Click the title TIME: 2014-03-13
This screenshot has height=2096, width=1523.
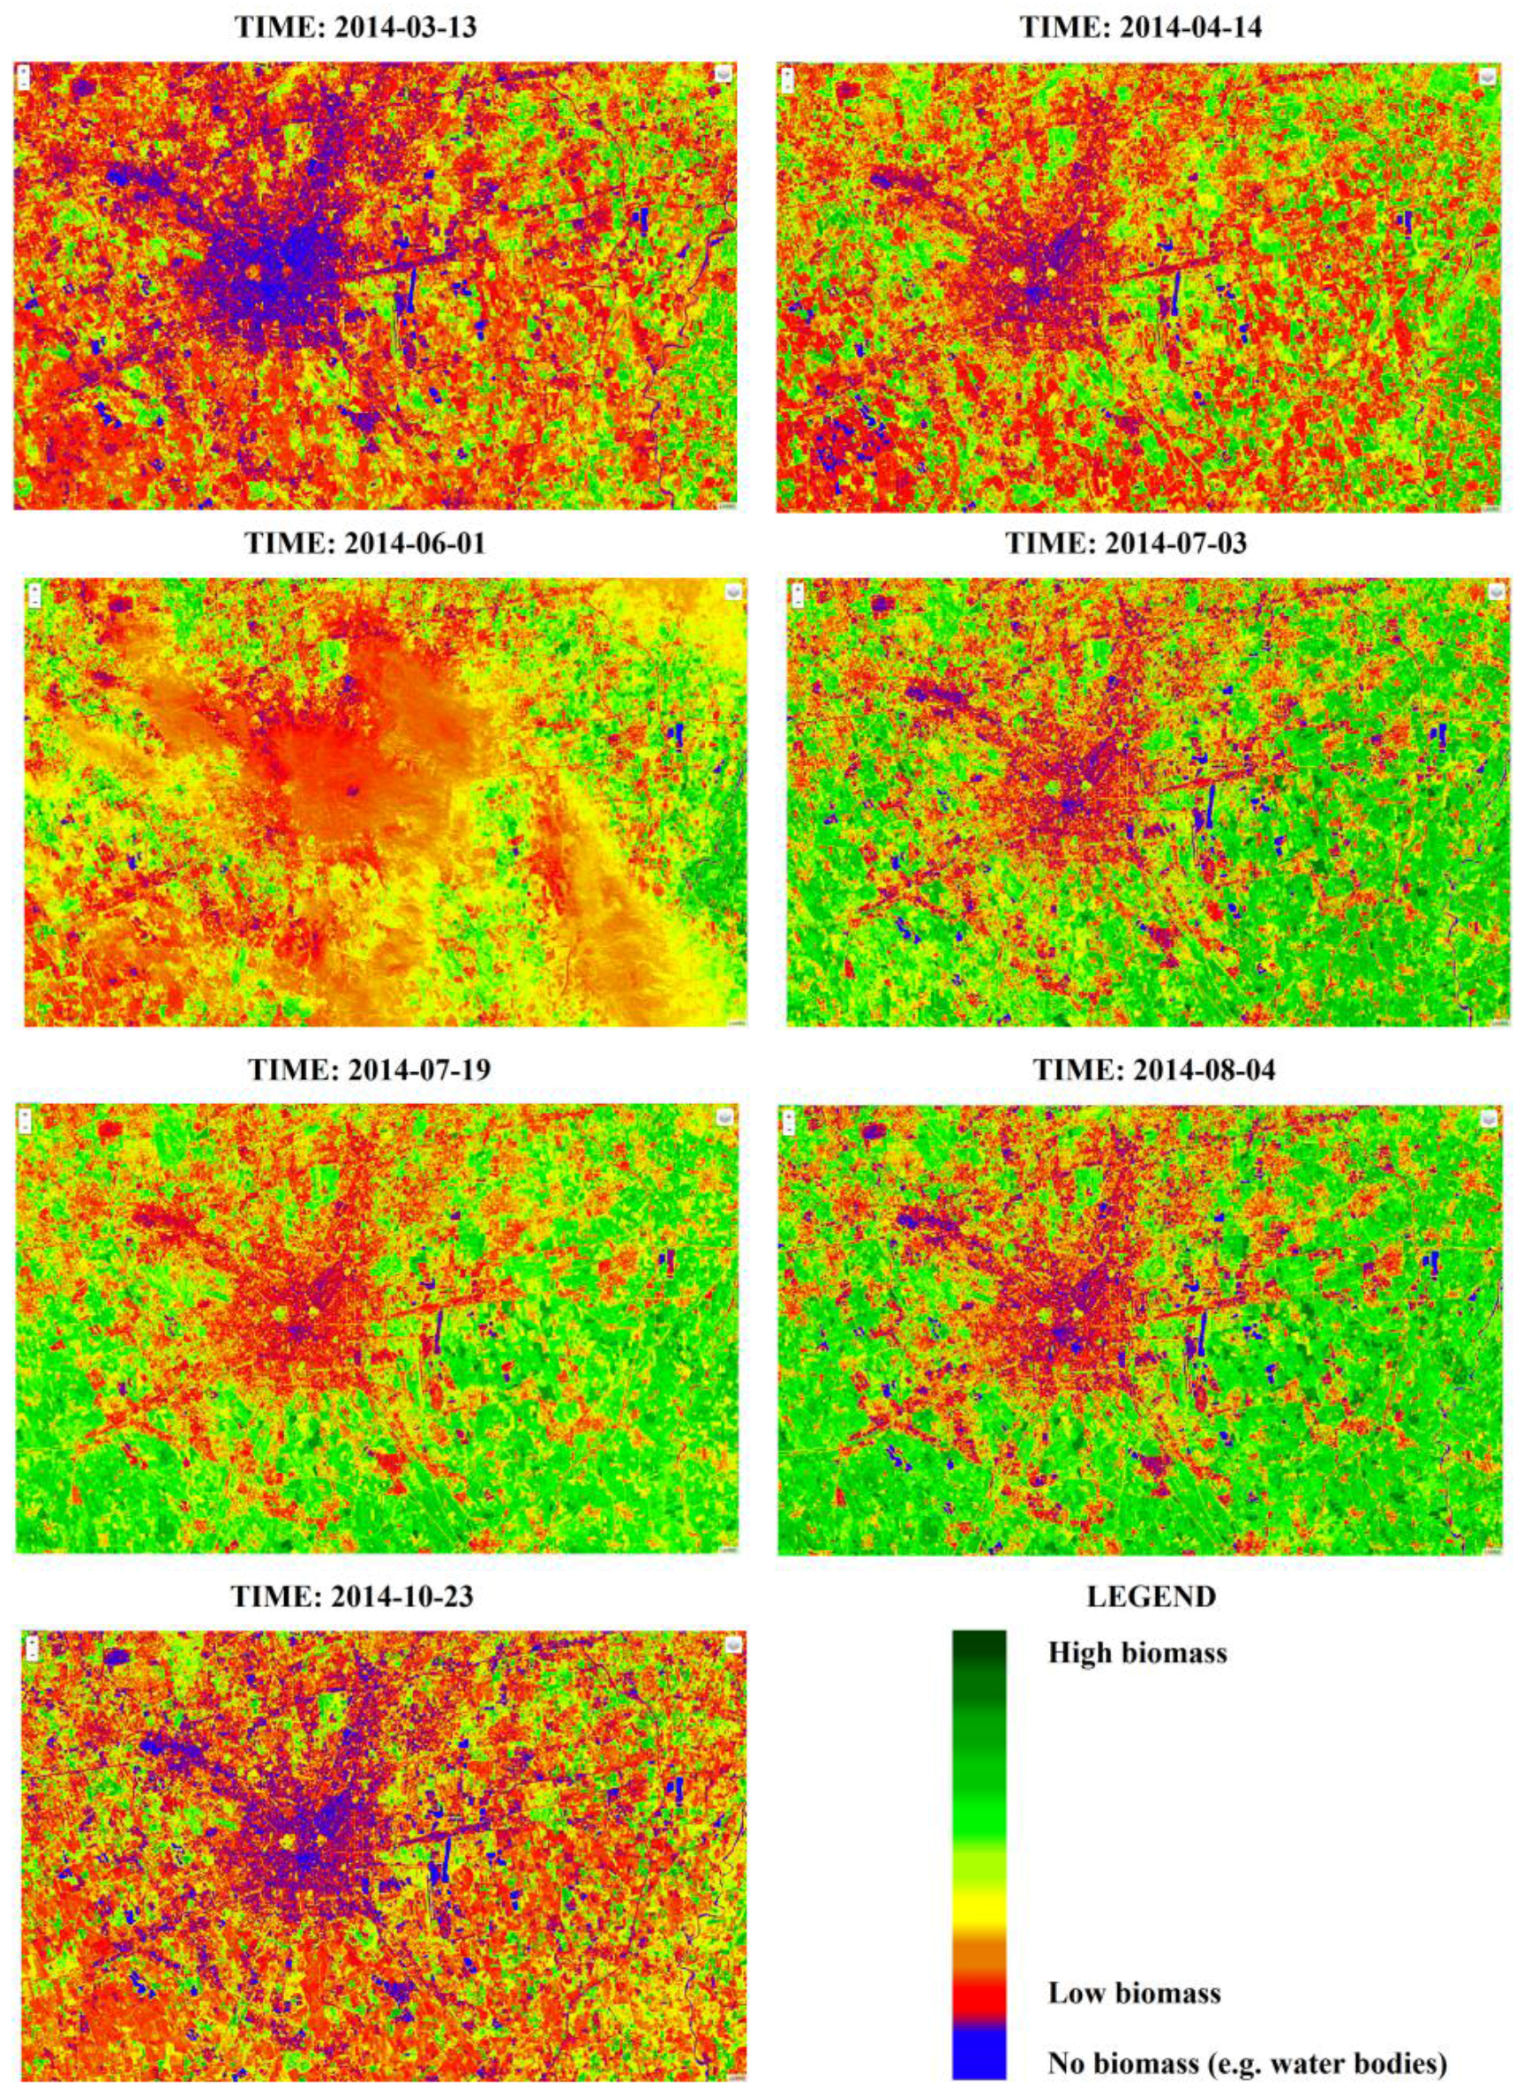coord(356,26)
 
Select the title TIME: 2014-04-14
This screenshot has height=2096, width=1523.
coord(1139,26)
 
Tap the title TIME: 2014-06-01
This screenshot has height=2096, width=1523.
coord(364,543)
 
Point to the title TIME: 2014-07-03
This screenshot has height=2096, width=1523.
coord(1125,543)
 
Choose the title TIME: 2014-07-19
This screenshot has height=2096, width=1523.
coord(369,1070)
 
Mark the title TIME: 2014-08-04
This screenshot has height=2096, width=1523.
coord(1153,1070)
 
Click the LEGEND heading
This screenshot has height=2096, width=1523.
coord(1151,1595)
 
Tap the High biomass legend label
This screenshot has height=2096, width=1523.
coord(1137,1651)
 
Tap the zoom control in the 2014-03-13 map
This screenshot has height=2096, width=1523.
coord(24,78)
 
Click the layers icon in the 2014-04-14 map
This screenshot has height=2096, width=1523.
coord(1487,78)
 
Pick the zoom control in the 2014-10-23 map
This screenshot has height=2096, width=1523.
coord(34,1648)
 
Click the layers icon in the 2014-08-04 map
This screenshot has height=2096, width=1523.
coord(1487,1119)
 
